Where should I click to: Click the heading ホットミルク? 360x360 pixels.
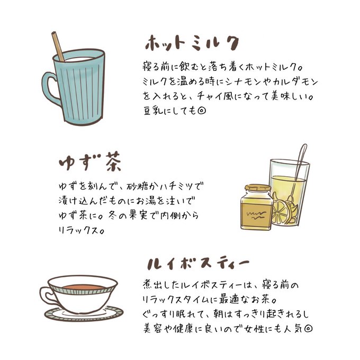[192, 43]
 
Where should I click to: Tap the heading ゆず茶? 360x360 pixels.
[90, 161]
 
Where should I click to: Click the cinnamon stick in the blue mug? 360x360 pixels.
[58, 47]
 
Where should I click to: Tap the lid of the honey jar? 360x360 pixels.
[258, 188]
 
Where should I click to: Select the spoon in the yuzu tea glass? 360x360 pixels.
[299, 172]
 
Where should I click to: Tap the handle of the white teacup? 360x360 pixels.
[47, 296]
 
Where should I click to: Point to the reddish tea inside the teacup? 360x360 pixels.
[83, 287]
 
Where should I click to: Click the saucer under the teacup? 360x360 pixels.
[84, 313]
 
